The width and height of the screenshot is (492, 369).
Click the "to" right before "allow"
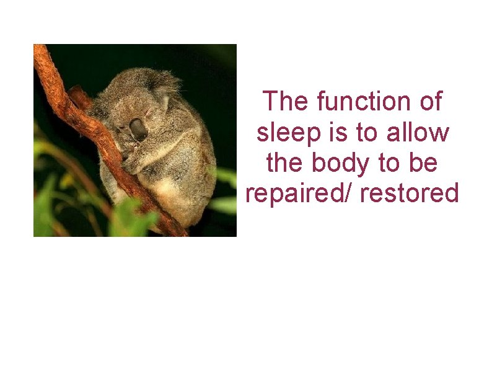coord(364,132)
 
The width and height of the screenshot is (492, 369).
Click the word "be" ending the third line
coord(426,163)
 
